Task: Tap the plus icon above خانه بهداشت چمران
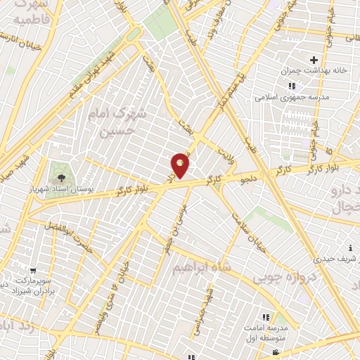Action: click(314, 60)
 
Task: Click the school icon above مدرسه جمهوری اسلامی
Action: click(291, 86)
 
